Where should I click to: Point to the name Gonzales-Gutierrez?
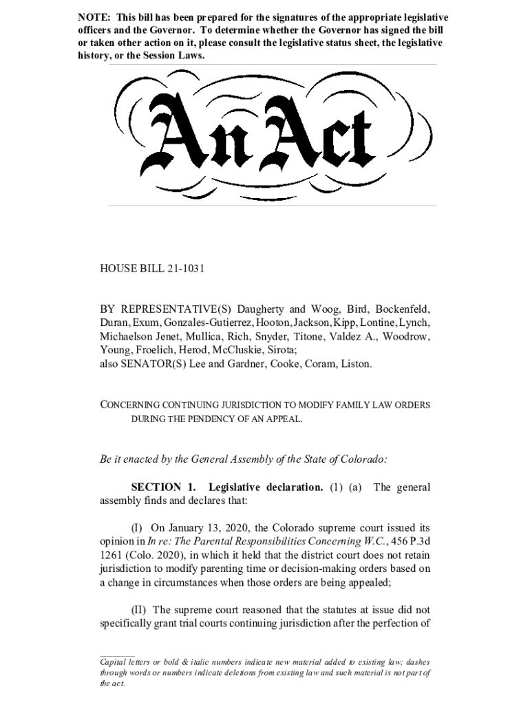[x=208, y=324]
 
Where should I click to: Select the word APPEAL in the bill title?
[x=282, y=418]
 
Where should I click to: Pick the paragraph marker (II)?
[x=140, y=609]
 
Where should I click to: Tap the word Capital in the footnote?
[x=114, y=661]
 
